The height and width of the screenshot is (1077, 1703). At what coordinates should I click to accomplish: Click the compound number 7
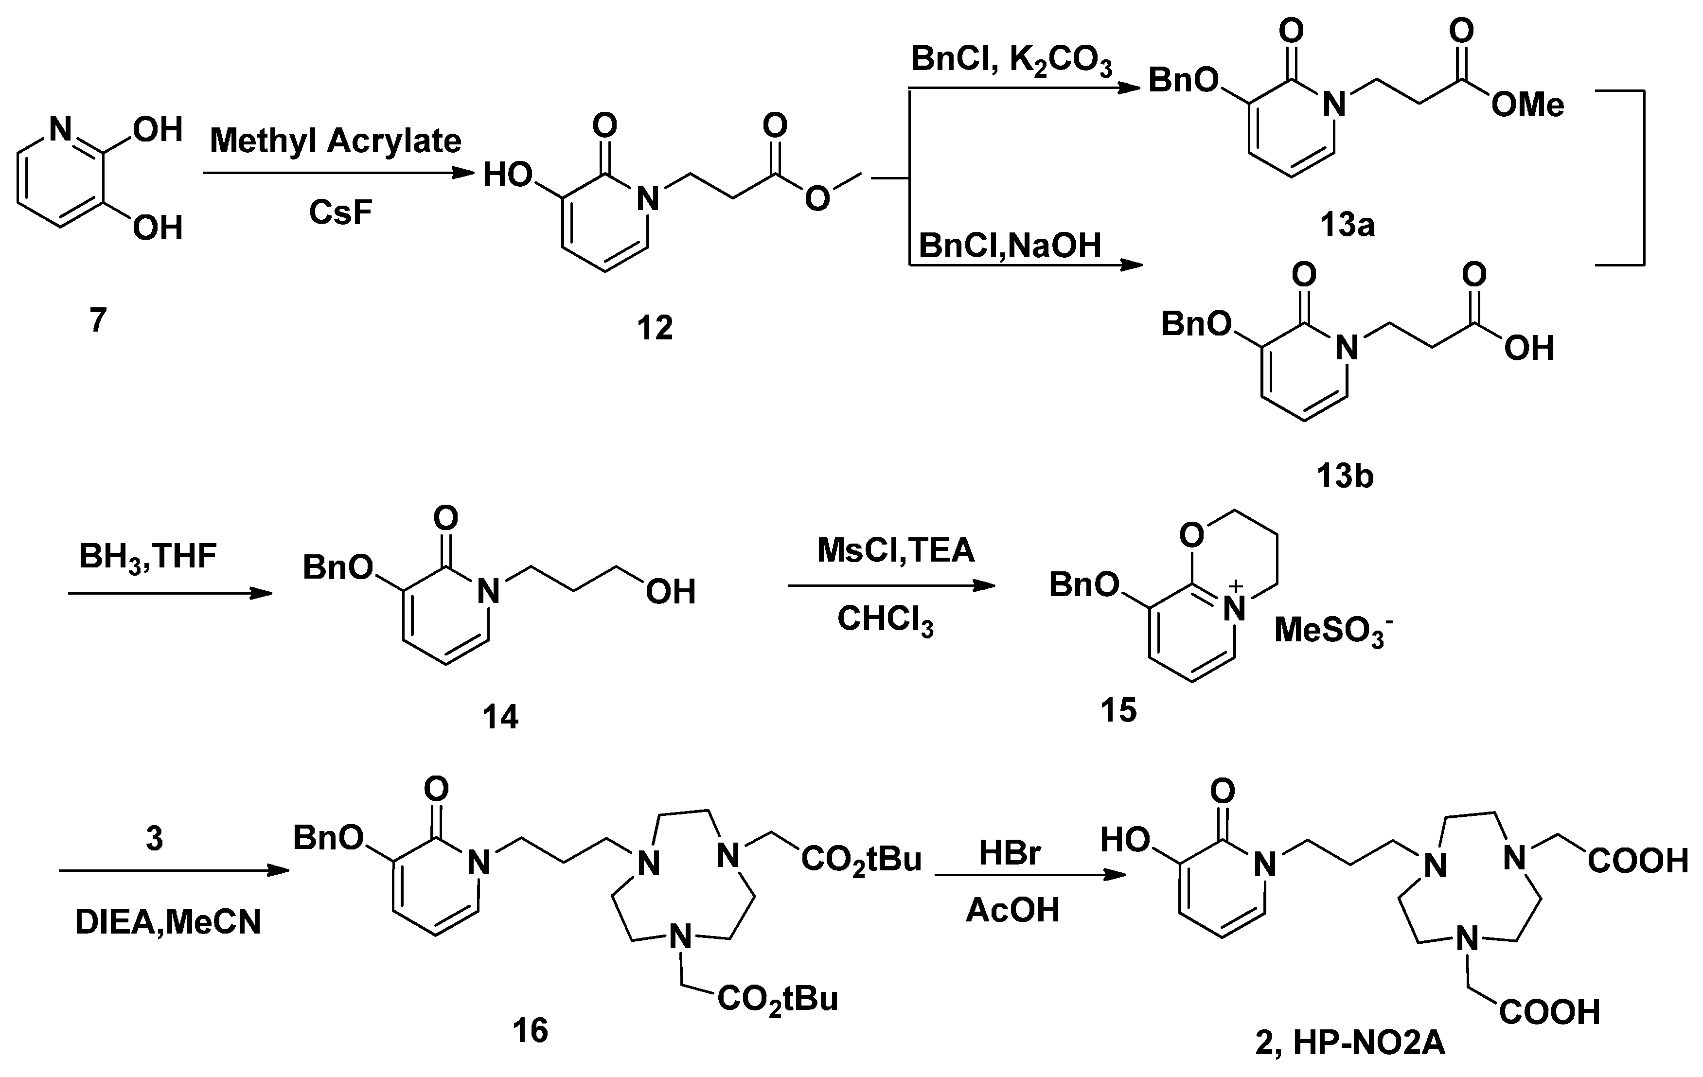pos(98,320)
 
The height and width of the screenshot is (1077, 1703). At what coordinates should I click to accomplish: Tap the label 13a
pos(1347,225)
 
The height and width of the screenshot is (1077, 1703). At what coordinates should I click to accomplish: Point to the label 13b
pos(1345,476)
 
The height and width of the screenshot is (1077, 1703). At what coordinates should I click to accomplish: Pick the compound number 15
pos(1118,710)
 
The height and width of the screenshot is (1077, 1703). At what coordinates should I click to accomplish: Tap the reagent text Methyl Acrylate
pos(335,141)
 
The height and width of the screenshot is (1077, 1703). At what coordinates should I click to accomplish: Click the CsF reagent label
pos(340,212)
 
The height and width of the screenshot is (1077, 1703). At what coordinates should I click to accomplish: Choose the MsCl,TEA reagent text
pos(895,550)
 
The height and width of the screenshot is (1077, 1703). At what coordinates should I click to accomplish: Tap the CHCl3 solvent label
pos(885,620)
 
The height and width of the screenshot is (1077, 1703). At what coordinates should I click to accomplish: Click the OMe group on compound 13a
pos(1527,106)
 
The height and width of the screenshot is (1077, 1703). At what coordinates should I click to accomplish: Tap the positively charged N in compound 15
pos(1235,608)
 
